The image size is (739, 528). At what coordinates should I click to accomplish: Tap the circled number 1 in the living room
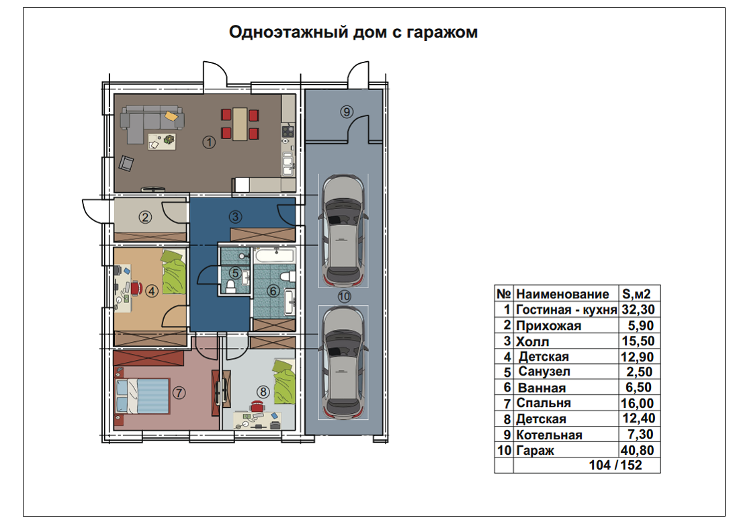coord(209,142)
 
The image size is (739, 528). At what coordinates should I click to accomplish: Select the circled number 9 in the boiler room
coord(347,112)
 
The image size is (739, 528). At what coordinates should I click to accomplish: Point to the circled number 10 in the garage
coord(345,296)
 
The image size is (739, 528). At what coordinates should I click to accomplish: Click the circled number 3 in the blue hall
coord(235,217)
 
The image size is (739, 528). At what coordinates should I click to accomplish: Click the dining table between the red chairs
coord(240,124)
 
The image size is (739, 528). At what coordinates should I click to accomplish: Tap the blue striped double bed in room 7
coord(142,396)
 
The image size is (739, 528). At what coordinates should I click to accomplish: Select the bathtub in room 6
coord(274,256)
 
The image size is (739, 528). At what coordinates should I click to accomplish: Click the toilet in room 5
coord(230,286)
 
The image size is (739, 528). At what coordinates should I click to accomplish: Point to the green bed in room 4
coord(174,272)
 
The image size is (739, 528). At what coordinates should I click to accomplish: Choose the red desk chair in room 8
coord(257,406)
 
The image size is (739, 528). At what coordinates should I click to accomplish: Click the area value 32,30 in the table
coord(638,310)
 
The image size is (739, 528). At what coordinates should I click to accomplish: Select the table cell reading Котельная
coord(549,435)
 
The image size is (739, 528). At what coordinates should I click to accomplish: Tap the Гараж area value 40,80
coord(637,450)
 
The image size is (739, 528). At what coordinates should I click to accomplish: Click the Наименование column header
coord(562,294)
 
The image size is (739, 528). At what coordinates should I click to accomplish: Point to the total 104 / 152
coord(615,466)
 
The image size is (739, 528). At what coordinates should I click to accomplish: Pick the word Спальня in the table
coord(544,403)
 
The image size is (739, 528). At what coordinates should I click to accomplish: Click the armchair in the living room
coord(126,163)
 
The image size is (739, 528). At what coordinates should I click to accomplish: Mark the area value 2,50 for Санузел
coord(640,372)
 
